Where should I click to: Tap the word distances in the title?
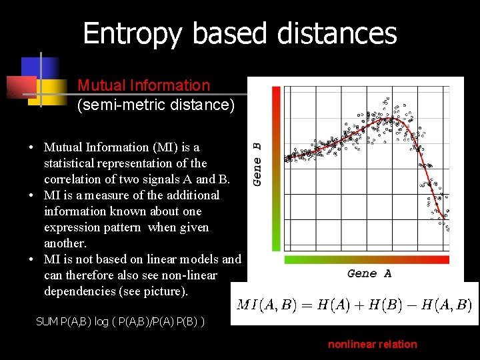coord(333,33)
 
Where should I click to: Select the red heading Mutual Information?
coord(143,85)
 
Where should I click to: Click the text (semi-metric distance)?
coord(156,105)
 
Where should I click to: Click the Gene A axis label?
coord(369,273)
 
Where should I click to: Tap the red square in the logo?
coord(20,87)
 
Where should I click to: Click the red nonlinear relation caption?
coord(372,344)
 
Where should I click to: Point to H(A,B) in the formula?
coord(447,305)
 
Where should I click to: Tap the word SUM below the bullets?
coord(47,322)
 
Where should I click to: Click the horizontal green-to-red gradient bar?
coord(367,259)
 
